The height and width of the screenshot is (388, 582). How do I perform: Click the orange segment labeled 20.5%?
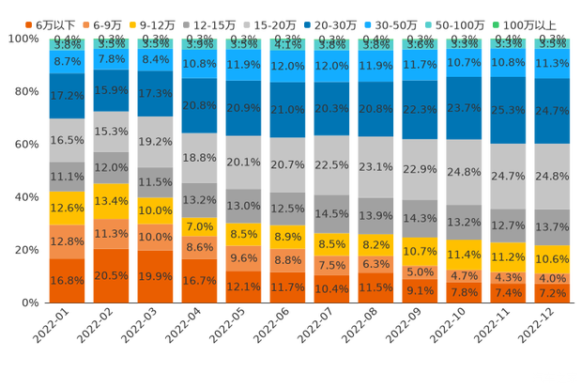[110, 275]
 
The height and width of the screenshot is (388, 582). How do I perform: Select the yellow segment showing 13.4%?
[110, 201]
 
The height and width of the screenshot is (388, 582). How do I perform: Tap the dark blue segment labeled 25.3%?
[508, 110]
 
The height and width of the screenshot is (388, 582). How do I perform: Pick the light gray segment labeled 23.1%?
[375, 167]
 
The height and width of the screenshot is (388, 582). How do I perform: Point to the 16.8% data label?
[66, 280]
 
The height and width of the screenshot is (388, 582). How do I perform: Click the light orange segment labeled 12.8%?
[66, 241]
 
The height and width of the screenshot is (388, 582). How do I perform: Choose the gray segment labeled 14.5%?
[331, 213]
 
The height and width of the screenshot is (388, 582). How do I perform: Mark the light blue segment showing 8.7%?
[66, 61]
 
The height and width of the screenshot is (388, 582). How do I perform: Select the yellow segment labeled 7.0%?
[199, 226]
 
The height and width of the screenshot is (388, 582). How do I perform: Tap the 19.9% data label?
[155, 276]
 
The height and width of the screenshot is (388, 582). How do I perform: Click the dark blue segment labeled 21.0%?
[287, 109]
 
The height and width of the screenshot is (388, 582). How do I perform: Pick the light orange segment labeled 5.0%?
[420, 272]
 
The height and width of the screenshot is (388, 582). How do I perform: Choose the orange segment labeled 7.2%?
[552, 293]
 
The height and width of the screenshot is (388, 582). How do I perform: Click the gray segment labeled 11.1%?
[66, 176]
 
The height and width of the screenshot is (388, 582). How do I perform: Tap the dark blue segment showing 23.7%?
[464, 108]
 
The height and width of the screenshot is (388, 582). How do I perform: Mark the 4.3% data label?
[508, 278]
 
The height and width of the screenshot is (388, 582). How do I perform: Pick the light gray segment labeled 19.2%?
[155, 143]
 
